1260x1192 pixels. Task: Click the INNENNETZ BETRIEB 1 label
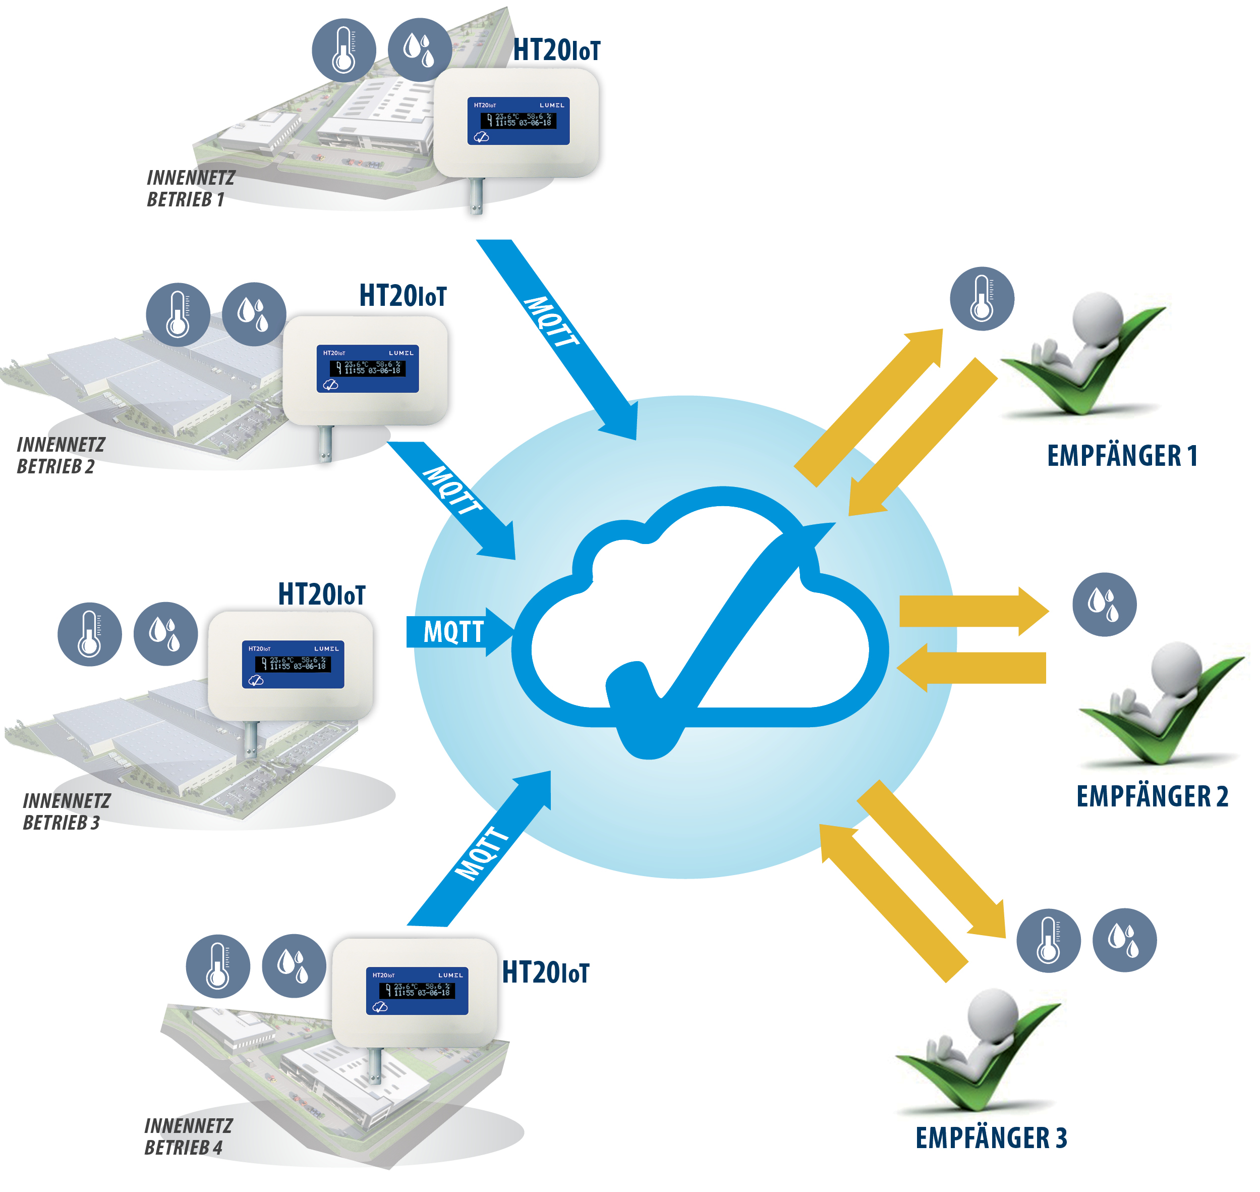pyautogui.click(x=191, y=188)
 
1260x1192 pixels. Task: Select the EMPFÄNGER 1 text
pyautogui.click(x=1122, y=456)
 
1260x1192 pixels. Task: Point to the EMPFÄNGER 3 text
pyautogui.click(x=991, y=1138)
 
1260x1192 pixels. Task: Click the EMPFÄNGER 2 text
pyautogui.click(x=1152, y=796)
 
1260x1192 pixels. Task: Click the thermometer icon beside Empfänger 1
pyautogui.click(x=982, y=299)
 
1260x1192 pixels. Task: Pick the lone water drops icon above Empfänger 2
pyautogui.click(x=1104, y=604)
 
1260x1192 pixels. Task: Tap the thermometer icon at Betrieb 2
pyautogui.click(x=178, y=314)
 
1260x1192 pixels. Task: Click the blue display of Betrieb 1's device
pyautogui.click(x=518, y=121)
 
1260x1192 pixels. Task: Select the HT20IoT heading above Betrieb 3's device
pyautogui.click(x=321, y=594)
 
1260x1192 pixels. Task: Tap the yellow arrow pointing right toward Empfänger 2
pyautogui.click(x=971, y=611)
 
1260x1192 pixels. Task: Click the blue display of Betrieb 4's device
pyautogui.click(x=417, y=991)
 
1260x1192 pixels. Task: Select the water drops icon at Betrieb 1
pyautogui.click(x=419, y=49)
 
